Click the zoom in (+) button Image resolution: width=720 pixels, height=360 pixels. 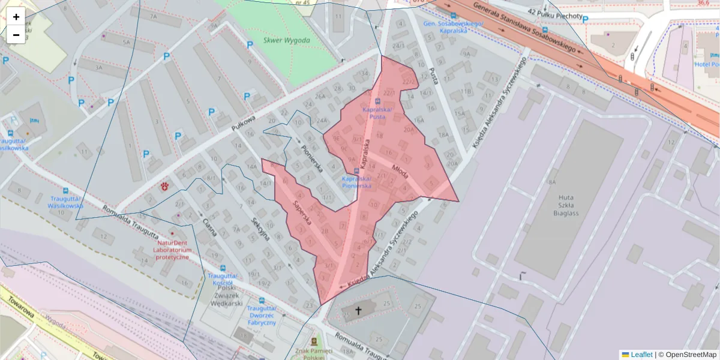16,17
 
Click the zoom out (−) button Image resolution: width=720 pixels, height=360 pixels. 16,35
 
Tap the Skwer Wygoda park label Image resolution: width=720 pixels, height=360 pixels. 287,41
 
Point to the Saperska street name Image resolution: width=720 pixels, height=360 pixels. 302,211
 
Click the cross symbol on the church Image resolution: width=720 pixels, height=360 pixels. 359,310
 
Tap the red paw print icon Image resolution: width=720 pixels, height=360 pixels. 164,187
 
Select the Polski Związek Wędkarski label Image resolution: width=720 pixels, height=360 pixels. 223,296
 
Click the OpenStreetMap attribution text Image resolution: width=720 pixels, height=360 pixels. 687,355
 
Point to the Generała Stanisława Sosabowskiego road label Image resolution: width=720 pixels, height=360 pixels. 523,26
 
